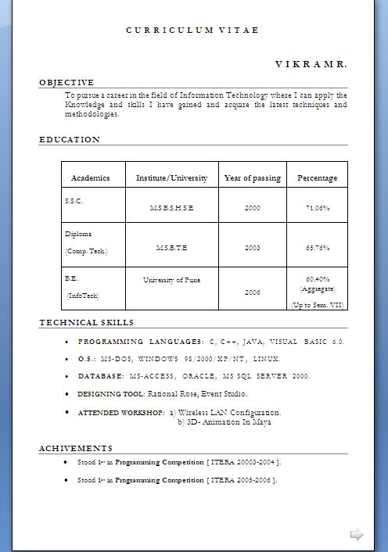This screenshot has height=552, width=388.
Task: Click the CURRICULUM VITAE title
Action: pos(192,30)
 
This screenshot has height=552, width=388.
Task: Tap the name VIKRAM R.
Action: pos(311,63)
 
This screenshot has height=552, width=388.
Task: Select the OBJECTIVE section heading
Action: pos(66,82)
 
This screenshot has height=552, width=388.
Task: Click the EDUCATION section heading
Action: pos(70,140)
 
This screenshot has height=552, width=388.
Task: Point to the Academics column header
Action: pos(91,178)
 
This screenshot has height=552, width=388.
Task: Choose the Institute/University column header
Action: pos(172,178)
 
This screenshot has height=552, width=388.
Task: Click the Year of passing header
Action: pos(252,178)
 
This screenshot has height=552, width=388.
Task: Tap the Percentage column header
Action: pos(317,178)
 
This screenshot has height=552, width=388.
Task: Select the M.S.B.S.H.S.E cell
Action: pos(171,209)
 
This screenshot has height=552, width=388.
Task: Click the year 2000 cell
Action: pos(252,209)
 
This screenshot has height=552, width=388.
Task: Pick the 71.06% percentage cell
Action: pos(317,209)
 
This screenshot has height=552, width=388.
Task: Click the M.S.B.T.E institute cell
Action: pos(171,248)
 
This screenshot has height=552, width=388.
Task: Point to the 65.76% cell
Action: pos(317,248)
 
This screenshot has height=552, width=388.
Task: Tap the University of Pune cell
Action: pos(171,279)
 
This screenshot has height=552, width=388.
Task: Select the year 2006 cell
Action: pos(252,292)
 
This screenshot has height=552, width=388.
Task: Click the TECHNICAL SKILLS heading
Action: pos(87,322)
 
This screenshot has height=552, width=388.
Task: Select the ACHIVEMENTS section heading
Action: pos(76,448)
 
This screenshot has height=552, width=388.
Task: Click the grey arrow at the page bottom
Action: pos(357,535)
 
